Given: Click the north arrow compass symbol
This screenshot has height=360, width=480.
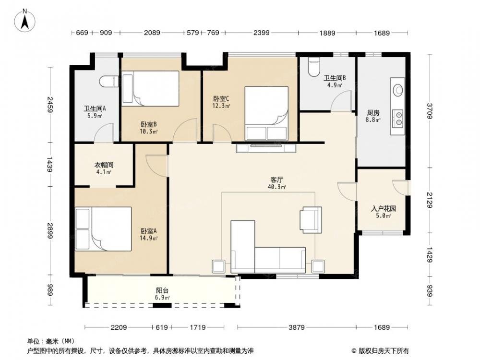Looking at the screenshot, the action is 25,20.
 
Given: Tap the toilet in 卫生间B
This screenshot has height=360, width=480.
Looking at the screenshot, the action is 314,67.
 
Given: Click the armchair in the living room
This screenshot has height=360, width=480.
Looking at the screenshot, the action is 311,220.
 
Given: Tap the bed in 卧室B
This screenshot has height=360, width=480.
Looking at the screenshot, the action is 151,89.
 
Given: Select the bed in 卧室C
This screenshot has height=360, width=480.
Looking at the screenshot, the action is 266,113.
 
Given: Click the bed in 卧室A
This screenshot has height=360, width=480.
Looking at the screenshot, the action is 104,229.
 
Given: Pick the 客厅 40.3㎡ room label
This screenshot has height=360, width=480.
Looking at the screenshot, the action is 277,183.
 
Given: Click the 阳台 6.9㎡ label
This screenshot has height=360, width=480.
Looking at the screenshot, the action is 162,294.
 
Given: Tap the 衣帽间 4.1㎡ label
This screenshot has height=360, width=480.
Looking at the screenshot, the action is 104,168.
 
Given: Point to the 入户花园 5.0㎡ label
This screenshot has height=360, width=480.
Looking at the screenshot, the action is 383,212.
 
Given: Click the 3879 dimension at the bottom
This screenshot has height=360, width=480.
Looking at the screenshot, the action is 296,327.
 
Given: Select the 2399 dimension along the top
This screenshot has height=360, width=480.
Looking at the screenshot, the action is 261,33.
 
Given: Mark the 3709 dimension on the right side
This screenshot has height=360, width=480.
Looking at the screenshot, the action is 430,111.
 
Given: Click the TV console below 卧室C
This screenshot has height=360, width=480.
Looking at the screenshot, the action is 266,148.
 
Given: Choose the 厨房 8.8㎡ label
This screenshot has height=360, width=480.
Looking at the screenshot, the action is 373,116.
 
